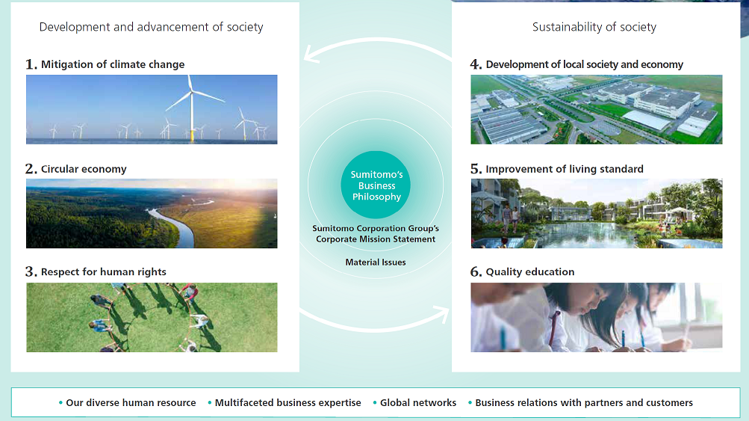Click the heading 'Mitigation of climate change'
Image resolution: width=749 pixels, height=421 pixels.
click(113, 64)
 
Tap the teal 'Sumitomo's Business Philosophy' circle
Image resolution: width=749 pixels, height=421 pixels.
click(376, 185)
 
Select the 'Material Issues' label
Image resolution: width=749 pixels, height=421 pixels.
click(376, 262)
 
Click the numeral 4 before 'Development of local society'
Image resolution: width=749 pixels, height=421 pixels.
click(475, 64)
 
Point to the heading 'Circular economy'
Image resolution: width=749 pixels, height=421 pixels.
click(84, 169)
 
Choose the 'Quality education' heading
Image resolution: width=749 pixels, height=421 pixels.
click(529, 271)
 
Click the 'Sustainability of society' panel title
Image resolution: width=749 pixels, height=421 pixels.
click(594, 27)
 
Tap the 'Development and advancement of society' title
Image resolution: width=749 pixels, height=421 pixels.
click(151, 27)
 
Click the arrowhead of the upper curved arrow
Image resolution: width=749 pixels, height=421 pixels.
click(311, 54)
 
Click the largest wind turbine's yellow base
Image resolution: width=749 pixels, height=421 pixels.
click(193, 135)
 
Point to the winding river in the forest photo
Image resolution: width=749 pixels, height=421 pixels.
click(178, 225)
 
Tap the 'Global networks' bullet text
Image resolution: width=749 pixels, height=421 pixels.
click(418, 403)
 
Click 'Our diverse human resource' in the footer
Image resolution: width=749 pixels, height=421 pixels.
click(131, 403)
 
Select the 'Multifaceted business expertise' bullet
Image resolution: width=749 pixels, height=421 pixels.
click(288, 403)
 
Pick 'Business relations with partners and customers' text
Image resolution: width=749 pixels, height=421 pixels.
click(584, 403)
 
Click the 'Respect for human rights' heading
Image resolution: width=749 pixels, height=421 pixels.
click(104, 271)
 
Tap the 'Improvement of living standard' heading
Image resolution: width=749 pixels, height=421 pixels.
click(565, 169)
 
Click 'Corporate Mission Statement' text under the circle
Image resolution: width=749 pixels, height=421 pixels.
click(376, 239)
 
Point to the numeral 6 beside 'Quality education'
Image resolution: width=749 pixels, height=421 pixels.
click(476, 271)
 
